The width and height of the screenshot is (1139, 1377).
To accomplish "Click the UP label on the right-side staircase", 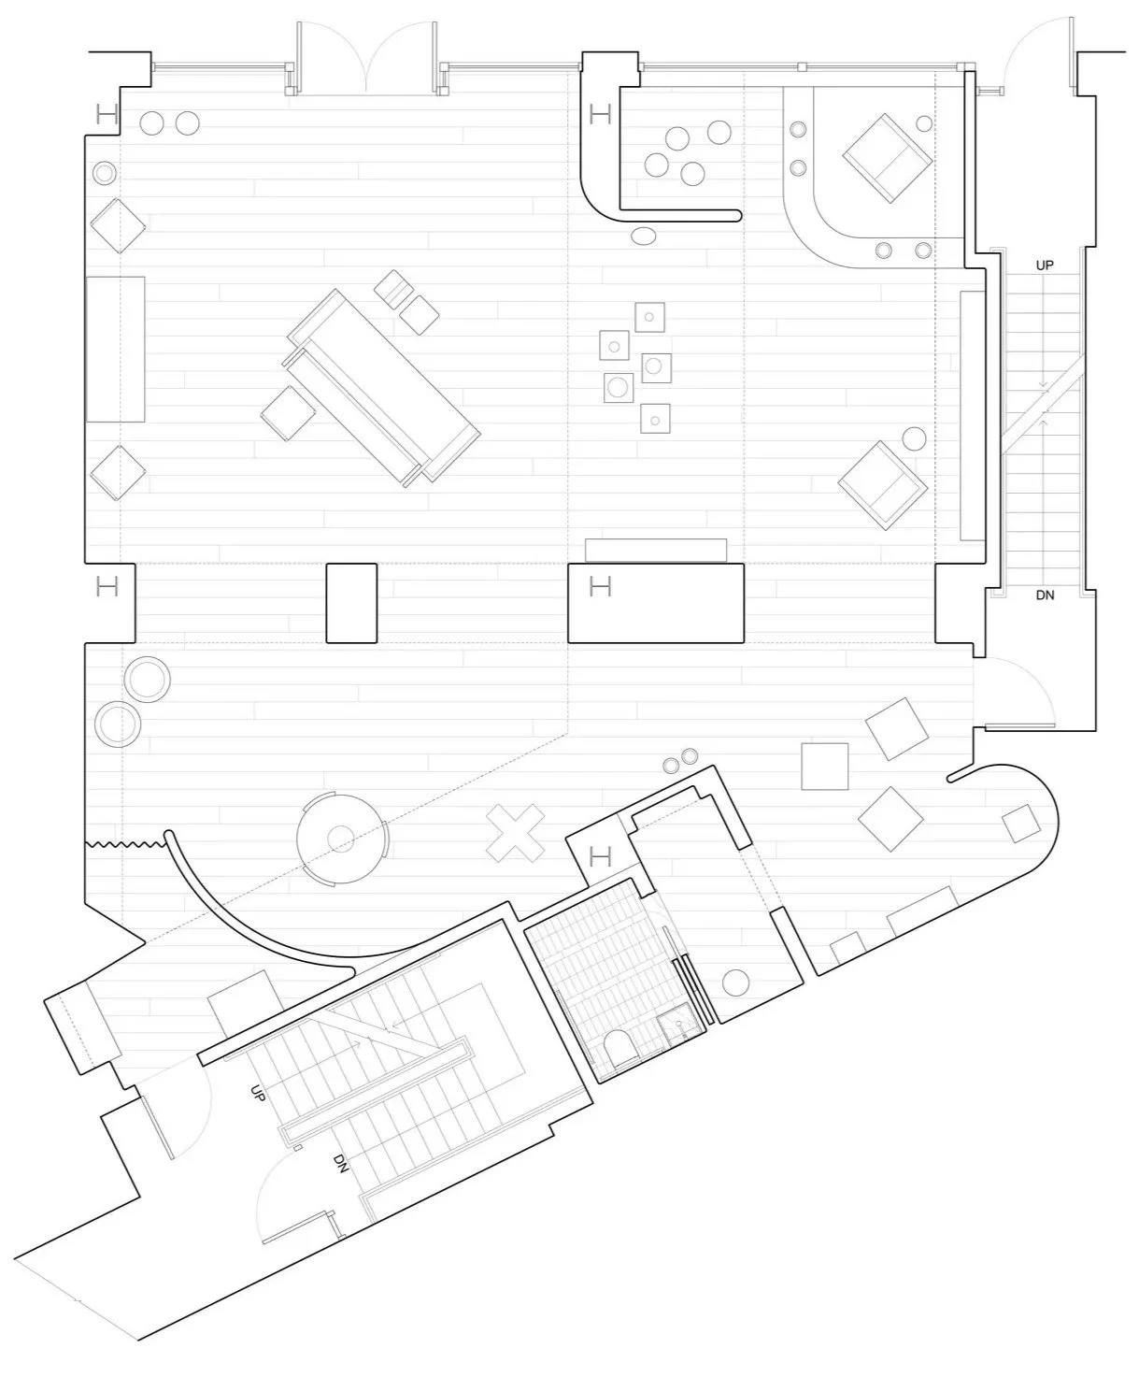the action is click(x=1045, y=265).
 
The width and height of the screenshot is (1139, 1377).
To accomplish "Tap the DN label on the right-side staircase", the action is click(x=1045, y=595).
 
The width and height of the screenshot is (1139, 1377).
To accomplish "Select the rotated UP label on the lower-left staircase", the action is click(x=259, y=1093).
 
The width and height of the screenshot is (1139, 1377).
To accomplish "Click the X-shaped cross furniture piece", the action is click(x=516, y=834).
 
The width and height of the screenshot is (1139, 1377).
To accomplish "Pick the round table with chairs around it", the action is click(x=341, y=839).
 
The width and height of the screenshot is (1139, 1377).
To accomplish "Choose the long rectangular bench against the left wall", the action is click(x=115, y=349).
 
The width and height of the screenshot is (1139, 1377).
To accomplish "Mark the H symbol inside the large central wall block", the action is click(x=600, y=585).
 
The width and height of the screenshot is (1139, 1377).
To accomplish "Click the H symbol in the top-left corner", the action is click(x=107, y=114).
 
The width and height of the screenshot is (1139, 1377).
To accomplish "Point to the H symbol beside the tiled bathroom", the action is click(x=600, y=857).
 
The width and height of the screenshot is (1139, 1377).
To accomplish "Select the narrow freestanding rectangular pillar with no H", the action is click(x=352, y=603).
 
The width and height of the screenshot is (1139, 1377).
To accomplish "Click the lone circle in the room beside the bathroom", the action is click(x=735, y=983).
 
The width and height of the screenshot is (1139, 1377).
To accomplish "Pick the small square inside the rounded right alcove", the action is click(x=1021, y=824).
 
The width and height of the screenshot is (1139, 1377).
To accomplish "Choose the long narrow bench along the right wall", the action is click(x=973, y=415).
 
